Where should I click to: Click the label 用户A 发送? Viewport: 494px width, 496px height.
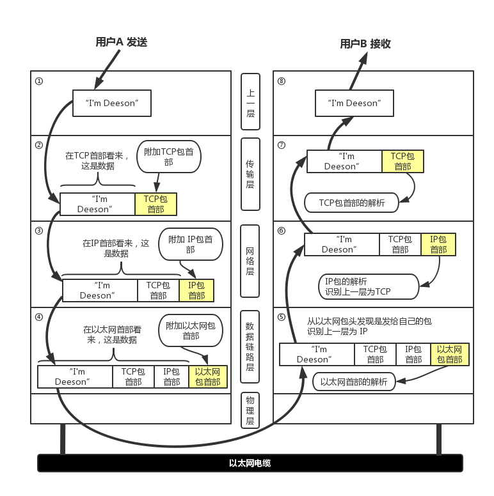[122, 42]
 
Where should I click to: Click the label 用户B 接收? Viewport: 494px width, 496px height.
[365, 43]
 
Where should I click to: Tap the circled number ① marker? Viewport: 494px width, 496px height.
[39, 82]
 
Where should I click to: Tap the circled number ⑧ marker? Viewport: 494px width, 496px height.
[282, 82]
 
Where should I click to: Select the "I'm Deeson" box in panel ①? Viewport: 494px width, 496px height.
[111, 103]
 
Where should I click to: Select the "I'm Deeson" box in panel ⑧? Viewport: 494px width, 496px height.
[354, 103]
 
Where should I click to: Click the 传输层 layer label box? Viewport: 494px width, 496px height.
[250, 174]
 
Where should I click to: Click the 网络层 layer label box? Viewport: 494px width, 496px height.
[250, 261]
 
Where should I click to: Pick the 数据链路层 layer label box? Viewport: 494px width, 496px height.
[250, 346]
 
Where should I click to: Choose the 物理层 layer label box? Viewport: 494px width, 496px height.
[250, 410]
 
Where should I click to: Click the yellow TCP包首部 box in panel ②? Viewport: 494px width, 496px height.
[155, 204]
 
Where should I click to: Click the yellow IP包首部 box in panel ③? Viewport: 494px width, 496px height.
[196, 290]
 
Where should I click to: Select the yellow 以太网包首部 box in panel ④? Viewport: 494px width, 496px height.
[207, 376]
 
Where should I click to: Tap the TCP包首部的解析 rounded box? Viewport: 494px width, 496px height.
[352, 203]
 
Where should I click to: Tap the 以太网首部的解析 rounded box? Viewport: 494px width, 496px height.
[354, 382]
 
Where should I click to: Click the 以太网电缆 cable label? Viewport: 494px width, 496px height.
[250, 463]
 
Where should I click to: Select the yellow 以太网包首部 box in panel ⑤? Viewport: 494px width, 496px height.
[449, 354]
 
